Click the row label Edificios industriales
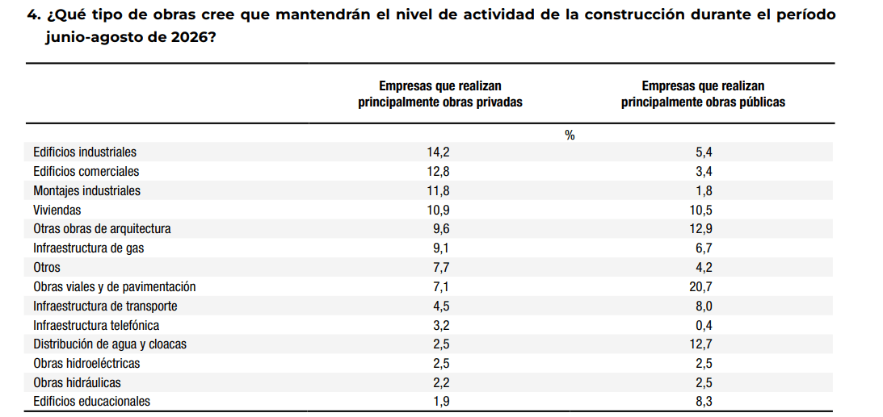tap(85, 152)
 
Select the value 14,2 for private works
tap(439, 152)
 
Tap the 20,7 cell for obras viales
tap(704, 286)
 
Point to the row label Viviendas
tap(57, 211)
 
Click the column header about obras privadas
tap(439, 94)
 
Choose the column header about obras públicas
tap(703, 94)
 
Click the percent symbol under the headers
tap(570, 135)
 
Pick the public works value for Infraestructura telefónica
tap(704, 325)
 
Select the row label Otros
tap(47, 268)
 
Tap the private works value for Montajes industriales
tap(439, 190)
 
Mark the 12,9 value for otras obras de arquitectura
tap(704, 229)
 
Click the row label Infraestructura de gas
tap(88, 248)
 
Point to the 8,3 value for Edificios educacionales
tap(704, 401)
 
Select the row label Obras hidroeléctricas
tap(86, 363)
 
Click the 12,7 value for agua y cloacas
tap(704, 344)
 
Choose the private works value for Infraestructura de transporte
tap(439, 306)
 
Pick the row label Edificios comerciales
tap(86, 172)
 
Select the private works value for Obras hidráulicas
tap(439, 382)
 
